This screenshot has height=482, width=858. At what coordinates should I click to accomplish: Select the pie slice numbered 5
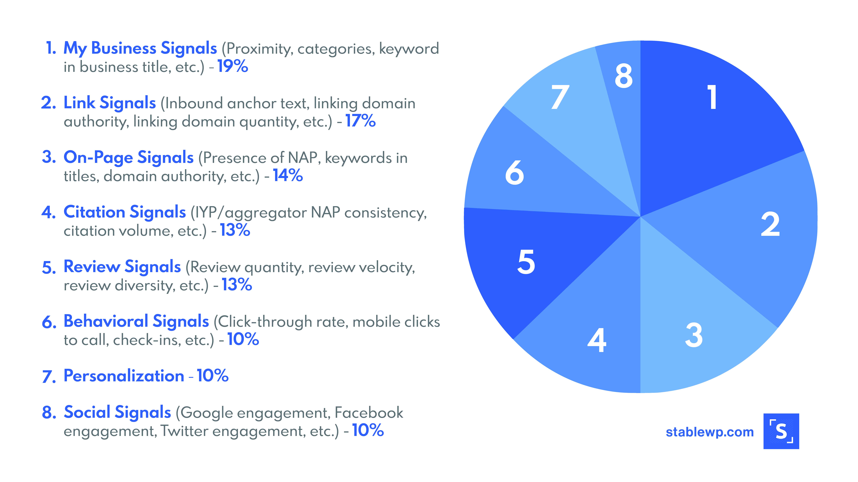click(540, 263)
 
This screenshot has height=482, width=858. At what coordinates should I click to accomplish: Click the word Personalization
click(124, 376)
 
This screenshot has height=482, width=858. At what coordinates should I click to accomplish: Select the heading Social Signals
click(117, 413)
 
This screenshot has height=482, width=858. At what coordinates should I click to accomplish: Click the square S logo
click(781, 431)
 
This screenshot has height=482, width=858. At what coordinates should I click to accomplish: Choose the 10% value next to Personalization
click(213, 376)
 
